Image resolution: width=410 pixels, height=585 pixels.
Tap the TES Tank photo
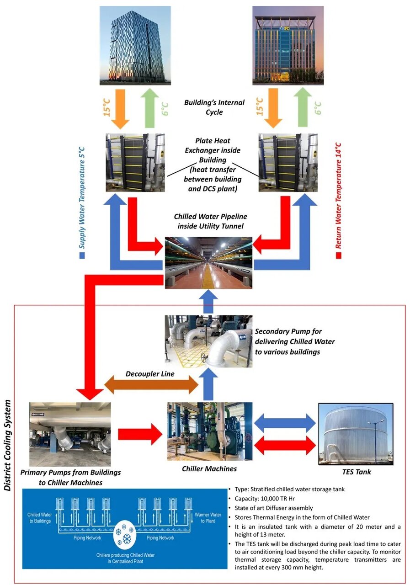pyautogui.click(x=356, y=433)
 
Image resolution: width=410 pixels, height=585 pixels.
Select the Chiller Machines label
pyautogui.click(x=209, y=469)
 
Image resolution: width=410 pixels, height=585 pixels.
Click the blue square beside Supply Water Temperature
pyautogui.click(x=82, y=255)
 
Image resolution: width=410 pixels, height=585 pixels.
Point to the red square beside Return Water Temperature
pyautogui.click(x=339, y=255)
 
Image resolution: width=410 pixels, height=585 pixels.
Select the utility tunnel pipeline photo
pyautogui.click(x=208, y=262)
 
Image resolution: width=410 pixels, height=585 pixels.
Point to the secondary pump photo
pyautogui.click(x=208, y=341)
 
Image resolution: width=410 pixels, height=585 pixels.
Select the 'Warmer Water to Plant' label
pyautogui.click(x=208, y=517)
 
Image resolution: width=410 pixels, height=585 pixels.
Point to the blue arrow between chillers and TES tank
pyautogui.click(x=284, y=423)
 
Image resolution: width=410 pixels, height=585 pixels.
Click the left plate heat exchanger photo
pyautogui.click(x=135, y=162)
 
